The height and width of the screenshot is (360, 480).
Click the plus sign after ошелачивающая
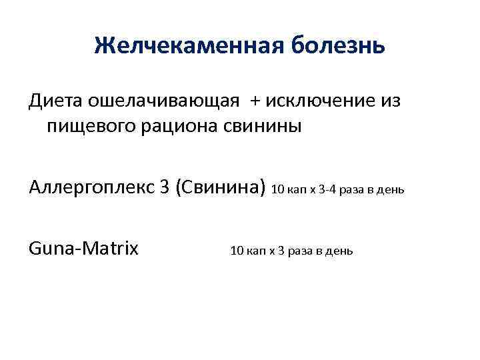click(x=257, y=101)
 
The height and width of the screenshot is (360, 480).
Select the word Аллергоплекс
click(x=90, y=188)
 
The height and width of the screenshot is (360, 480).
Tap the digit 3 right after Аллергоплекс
click(x=164, y=188)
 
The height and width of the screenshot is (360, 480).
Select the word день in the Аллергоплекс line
click(x=390, y=190)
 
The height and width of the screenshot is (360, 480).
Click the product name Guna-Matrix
click(x=84, y=249)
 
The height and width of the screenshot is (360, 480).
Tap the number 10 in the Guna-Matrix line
click(x=236, y=251)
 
